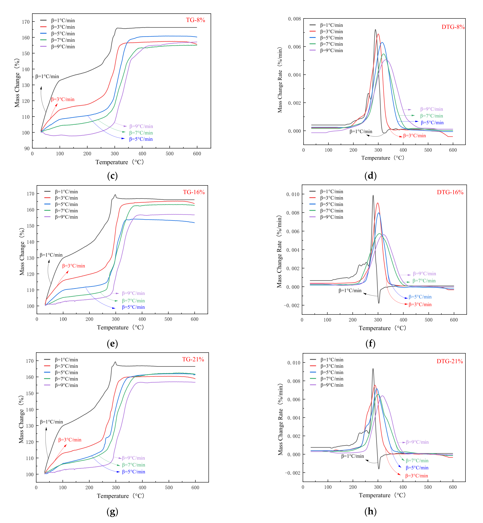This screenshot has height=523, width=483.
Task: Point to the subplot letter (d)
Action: [x=370, y=176]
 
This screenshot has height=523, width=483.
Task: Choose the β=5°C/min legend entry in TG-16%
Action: [x=66, y=204]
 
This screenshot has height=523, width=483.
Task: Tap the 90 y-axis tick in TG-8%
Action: [x=27, y=148]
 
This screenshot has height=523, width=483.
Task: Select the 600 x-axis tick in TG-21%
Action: [x=195, y=488]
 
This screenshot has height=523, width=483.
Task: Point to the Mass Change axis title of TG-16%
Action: [x=22, y=251]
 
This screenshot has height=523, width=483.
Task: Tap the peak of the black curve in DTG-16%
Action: [x=373, y=195]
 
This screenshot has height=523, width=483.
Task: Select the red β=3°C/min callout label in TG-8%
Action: [x=63, y=99]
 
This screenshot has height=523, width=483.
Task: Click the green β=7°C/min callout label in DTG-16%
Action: [x=424, y=281]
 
